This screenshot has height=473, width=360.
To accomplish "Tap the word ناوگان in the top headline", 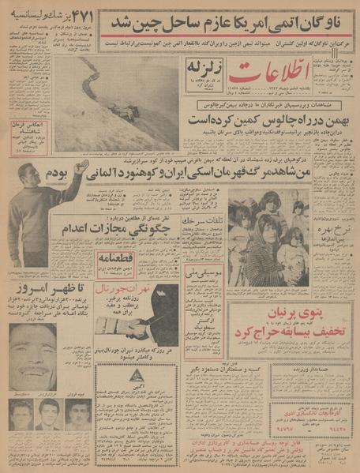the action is coord(322,19).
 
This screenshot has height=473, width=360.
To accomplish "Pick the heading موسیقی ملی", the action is coord(202,273).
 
